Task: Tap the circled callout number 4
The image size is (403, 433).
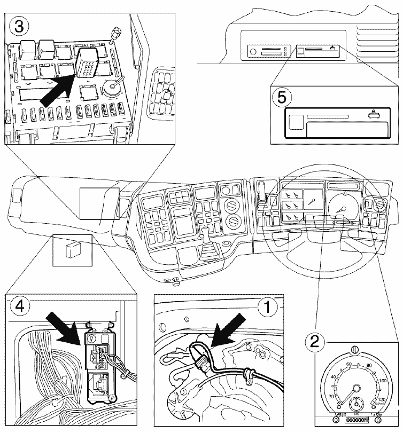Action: click(x=18, y=307)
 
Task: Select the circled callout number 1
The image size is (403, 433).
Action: click(x=266, y=307)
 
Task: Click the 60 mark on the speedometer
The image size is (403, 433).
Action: click(x=350, y=365)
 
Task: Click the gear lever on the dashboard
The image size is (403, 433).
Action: click(x=205, y=235)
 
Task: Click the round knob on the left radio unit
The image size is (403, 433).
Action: click(x=252, y=52)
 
